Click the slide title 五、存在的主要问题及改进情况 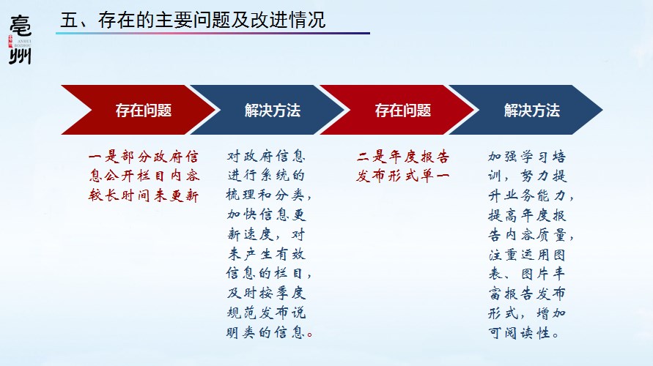pos(193,20)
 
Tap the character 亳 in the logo pos(20,26)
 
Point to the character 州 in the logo pos(20,56)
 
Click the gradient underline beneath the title pos(213,33)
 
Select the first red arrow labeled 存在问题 pos(139,110)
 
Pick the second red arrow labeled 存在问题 pos(398,110)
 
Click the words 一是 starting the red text pos(104,157)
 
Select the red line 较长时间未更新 pos(143,195)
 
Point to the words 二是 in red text pos(372,157)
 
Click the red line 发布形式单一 pos(402,176)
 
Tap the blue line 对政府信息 pos(266,157)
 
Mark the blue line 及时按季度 pos(266,293)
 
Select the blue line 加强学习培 pos(527,157)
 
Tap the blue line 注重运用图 pos(527,254)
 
